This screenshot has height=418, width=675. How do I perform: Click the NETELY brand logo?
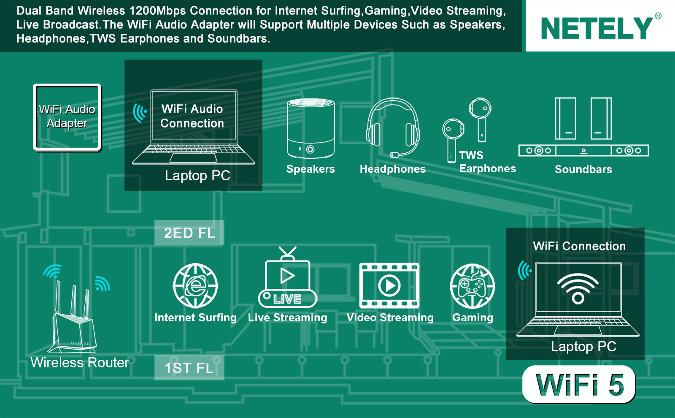pyautogui.click(x=597, y=28)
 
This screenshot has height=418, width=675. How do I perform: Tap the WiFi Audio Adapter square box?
pyautogui.click(x=67, y=117)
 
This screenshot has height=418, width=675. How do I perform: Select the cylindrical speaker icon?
pyautogui.click(x=310, y=128)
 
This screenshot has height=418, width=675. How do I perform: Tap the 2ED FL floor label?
pyautogui.click(x=189, y=233)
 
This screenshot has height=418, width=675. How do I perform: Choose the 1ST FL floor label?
pyautogui.click(x=189, y=368)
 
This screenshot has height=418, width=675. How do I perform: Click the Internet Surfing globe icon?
pyautogui.click(x=195, y=285)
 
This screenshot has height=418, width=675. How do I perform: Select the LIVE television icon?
pyautogui.click(x=287, y=277)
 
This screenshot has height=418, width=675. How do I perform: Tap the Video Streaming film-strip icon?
pyautogui.click(x=389, y=285)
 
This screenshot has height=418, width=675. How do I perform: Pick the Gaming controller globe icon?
pyautogui.click(x=472, y=286)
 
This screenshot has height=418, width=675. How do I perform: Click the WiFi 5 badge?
pyautogui.click(x=579, y=384)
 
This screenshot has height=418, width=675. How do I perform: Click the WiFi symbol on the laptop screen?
pyautogui.click(x=578, y=288)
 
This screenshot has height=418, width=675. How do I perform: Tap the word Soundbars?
pyautogui.click(x=583, y=169)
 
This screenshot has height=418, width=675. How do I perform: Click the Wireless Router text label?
pyautogui.click(x=80, y=362)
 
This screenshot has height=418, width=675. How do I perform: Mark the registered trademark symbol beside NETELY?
pyautogui.click(x=658, y=16)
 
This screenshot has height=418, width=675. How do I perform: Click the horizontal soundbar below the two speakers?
pyautogui.click(x=584, y=150)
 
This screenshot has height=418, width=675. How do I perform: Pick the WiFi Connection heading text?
pyautogui.click(x=579, y=246)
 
